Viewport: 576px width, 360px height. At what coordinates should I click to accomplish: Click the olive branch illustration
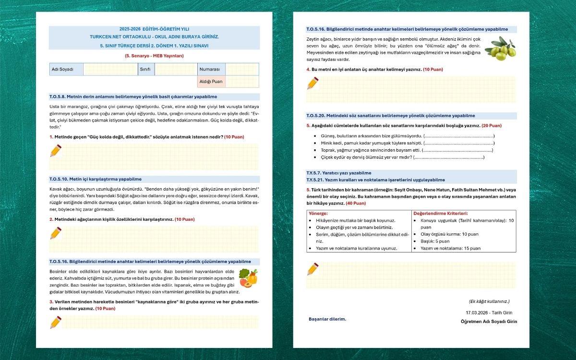click(500, 48)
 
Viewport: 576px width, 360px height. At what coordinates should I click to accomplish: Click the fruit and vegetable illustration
click(248, 278)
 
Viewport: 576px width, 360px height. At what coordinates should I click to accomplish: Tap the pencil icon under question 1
click(56, 151)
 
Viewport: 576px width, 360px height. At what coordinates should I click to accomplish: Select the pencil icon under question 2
click(56, 233)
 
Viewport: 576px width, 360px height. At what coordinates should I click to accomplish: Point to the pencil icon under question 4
click(313, 83)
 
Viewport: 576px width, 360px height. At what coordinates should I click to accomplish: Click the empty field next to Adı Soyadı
click(110, 69)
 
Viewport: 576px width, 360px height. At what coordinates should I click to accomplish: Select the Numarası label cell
click(211, 69)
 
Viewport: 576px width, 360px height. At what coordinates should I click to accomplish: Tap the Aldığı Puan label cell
click(211, 82)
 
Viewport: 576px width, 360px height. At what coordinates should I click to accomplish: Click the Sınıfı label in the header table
click(145, 69)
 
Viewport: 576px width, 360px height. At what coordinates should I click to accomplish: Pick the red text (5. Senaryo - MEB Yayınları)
click(154, 56)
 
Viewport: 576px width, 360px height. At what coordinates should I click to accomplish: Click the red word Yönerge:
click(318, 213)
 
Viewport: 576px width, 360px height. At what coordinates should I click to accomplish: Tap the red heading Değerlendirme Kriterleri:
click(441, 213)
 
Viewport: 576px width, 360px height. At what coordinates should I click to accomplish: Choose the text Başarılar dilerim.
click(327, 319)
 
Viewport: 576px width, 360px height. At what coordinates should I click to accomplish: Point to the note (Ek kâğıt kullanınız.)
click(489, 301)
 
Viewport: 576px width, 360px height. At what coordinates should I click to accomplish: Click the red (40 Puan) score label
click(356, 203)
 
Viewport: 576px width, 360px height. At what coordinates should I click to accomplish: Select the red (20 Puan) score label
click(492, 125)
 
